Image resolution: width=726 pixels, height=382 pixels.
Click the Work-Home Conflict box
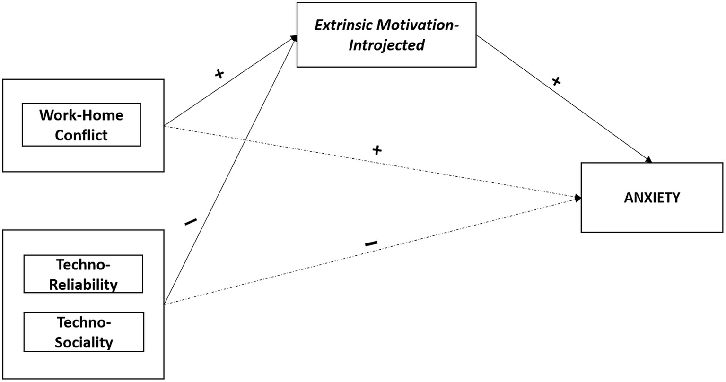(x=81, y=125)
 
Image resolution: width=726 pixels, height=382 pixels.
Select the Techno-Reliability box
(x=83, y=274)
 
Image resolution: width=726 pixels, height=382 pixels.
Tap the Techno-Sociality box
(x=84, y=332)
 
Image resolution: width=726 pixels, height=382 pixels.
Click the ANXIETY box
(x=652, y=198)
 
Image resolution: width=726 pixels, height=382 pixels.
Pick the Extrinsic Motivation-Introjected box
(x=386, y=35)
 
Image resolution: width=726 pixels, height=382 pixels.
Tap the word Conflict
(x=81, y=135)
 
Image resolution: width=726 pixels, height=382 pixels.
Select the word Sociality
(x=84, y=342)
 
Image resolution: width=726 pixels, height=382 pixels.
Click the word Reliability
(x=83, y=285)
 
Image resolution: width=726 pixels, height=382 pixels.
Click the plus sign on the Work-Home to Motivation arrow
(x=219, y=74)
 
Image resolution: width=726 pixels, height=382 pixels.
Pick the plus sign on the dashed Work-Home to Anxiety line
(x=376, y=151)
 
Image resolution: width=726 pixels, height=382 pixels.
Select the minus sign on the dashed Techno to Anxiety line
(x=371, y=243)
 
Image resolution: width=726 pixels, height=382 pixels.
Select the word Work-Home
(x=81, y=115)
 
